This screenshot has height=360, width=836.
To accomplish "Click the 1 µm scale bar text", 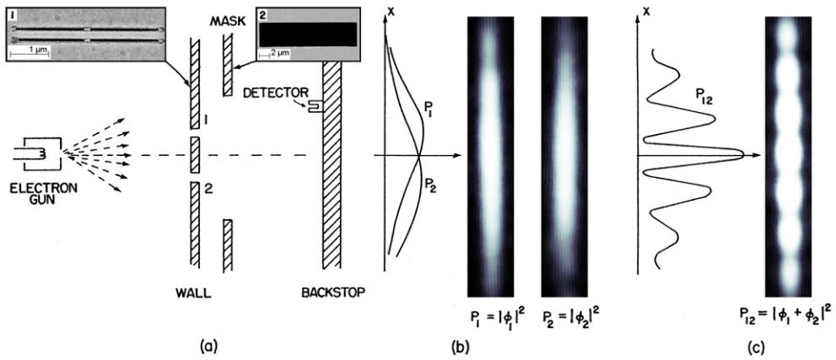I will pos(31,50).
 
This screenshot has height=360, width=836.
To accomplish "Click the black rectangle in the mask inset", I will pos(307,33).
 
